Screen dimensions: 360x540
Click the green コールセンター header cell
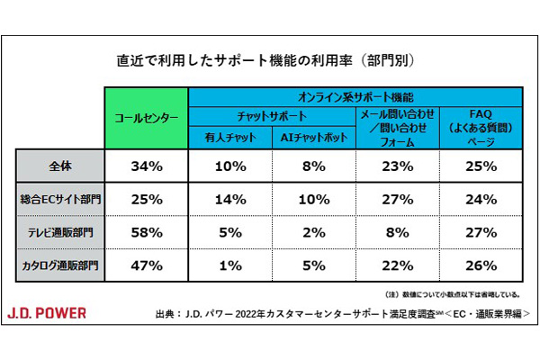[x=147, y=117]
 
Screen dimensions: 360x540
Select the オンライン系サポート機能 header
[x=355, y=94]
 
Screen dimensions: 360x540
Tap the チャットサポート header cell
[x=273, y=115]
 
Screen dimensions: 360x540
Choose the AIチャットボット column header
[x=315, y=138]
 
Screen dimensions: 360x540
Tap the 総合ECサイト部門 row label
[x=61, y=198]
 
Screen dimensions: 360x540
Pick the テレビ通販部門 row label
[x=61, y=232]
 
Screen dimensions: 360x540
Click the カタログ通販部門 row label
[x=61, y=265]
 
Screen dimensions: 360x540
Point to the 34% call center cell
[x=147, y=166]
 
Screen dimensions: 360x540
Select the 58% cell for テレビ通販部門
[x=147, y=232]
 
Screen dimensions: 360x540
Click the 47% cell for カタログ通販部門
[x=147, y=265]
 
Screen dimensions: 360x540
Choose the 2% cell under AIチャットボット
[x=315, y=232]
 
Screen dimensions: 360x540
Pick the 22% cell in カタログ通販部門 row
[x=397, y=265]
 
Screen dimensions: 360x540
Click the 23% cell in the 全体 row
[x=397, y=166]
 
